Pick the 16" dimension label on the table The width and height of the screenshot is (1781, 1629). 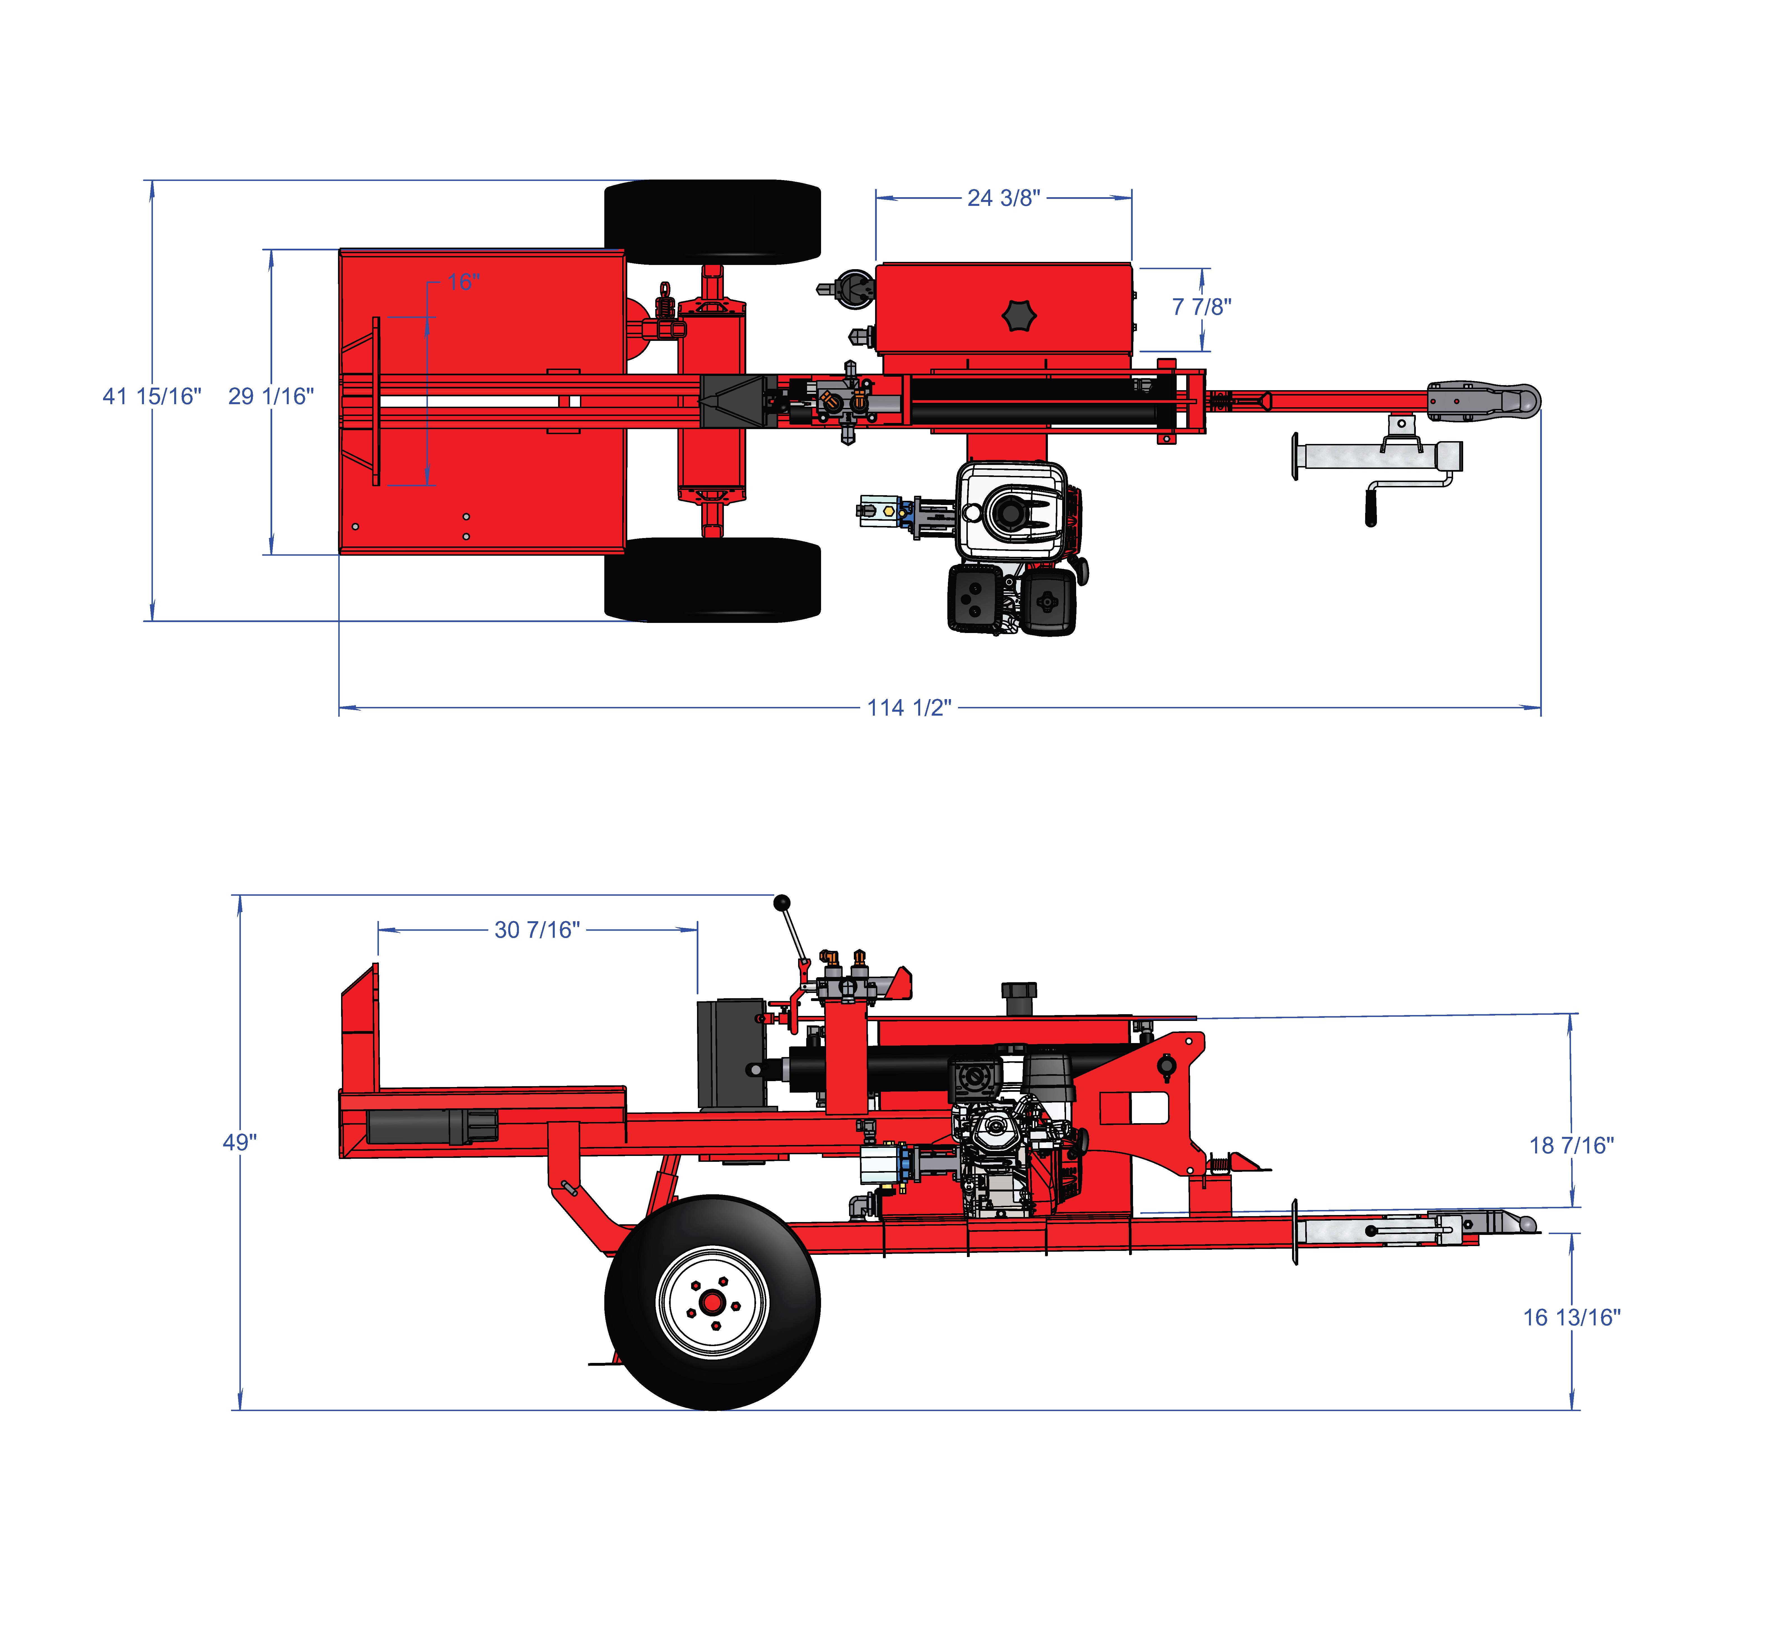point(463,282)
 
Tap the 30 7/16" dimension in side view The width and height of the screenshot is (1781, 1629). point(537,929)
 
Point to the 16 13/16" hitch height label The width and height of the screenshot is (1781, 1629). point(1572,1317)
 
